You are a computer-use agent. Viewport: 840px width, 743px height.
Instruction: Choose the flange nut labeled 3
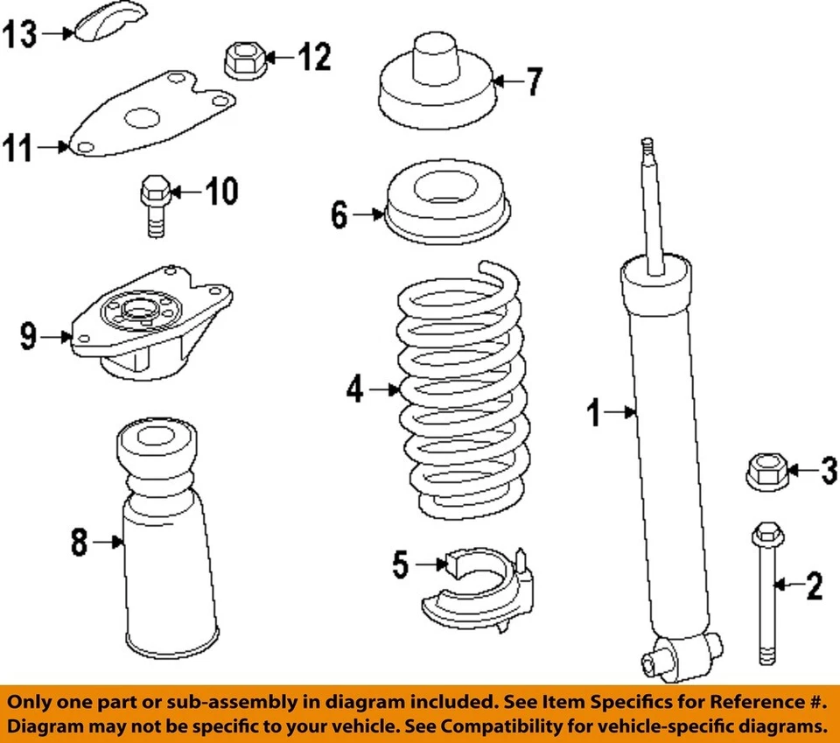click(767, 471)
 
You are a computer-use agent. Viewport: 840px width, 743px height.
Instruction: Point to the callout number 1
click(595, 411)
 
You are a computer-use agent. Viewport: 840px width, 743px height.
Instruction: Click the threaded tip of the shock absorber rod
click(647, 147)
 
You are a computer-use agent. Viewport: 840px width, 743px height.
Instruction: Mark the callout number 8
click(80, 543)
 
